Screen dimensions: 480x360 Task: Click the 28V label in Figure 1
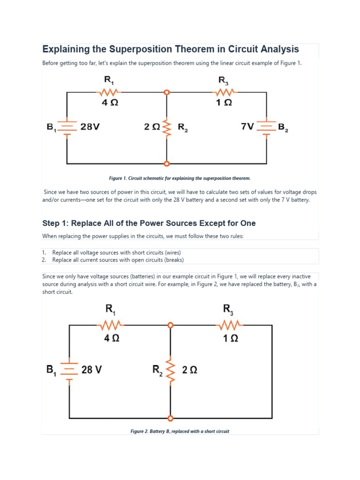[x=90, y=127]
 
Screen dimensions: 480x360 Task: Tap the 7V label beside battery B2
[x=247, y=127]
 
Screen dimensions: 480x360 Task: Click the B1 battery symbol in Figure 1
[x=67, y=127]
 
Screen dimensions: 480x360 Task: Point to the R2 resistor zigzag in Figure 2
[x=170, y=370]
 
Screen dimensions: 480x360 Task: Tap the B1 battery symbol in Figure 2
[x=70, y=370]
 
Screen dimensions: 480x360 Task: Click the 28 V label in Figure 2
[x=91, y=370]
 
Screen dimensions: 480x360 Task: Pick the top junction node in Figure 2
[x=170, y=324]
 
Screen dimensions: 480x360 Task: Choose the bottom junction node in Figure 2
[x=170, y=417]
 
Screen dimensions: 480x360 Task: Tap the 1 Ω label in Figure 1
[x=226, y=104]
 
